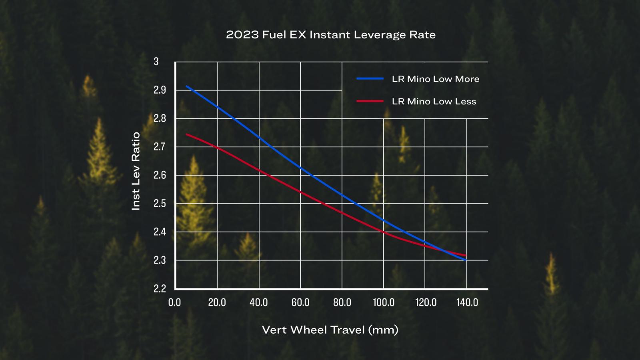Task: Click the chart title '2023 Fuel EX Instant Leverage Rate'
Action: [330, 35]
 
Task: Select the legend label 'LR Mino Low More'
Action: [435, 79]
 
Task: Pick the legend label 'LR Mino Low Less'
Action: [434, 101]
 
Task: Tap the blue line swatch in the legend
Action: [370, 79]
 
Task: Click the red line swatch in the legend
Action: [370, 101]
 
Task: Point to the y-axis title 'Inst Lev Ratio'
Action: [136, 171]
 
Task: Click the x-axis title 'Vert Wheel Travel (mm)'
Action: [330, 330]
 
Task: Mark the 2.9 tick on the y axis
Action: [160, 90]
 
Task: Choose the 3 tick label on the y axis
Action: [156, 62]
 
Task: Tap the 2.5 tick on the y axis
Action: [160, 204]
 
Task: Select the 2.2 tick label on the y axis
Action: [160, 288]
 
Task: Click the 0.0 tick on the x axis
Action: [174, 302]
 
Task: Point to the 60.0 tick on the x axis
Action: [300, 302]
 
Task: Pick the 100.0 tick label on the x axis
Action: [384, 302]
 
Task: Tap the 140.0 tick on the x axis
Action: [467, 302]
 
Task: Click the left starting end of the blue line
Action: [186, 86]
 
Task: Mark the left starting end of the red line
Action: [186, 134]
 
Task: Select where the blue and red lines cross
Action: [444, 251]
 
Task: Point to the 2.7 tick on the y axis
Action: [160, 147]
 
